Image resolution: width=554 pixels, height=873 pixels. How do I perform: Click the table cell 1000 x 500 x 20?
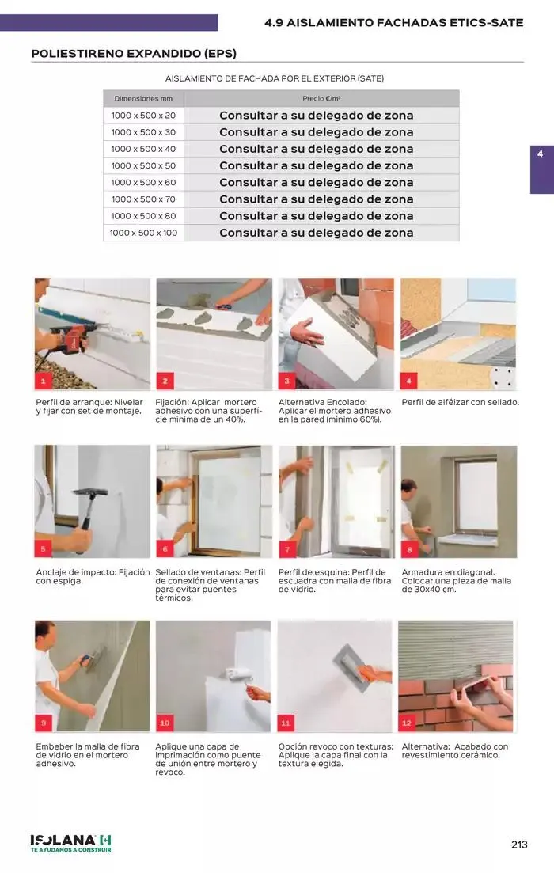tap(143, 116)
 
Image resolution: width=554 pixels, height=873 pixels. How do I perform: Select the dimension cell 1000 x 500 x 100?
tap(143, 233)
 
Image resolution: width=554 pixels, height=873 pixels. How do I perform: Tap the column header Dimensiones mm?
tap(143, 99)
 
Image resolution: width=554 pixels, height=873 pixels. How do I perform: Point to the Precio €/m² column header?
tap(321, 99)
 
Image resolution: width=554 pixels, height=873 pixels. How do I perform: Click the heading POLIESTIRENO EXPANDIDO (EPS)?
tap(135, 54)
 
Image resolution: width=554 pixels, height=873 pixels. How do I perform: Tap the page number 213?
tap(519, 845)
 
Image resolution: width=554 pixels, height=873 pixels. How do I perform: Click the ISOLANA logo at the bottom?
tap(70, 843)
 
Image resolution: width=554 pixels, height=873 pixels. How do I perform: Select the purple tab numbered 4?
tap(542, 169)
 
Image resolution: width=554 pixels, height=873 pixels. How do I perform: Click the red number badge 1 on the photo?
tap(43, 381)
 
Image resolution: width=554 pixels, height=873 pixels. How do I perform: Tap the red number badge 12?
tap(407, 723)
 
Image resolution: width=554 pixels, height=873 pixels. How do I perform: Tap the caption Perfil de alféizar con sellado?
tap(460, 402)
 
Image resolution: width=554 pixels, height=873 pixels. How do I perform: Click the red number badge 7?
tap(286, 549)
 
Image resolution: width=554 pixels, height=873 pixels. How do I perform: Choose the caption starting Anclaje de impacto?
tap(93, 576)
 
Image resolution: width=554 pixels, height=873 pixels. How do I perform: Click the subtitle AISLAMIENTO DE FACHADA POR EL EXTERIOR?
tap(275, 78)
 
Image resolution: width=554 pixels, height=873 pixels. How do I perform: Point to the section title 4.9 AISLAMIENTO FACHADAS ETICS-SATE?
tap(393, 23)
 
